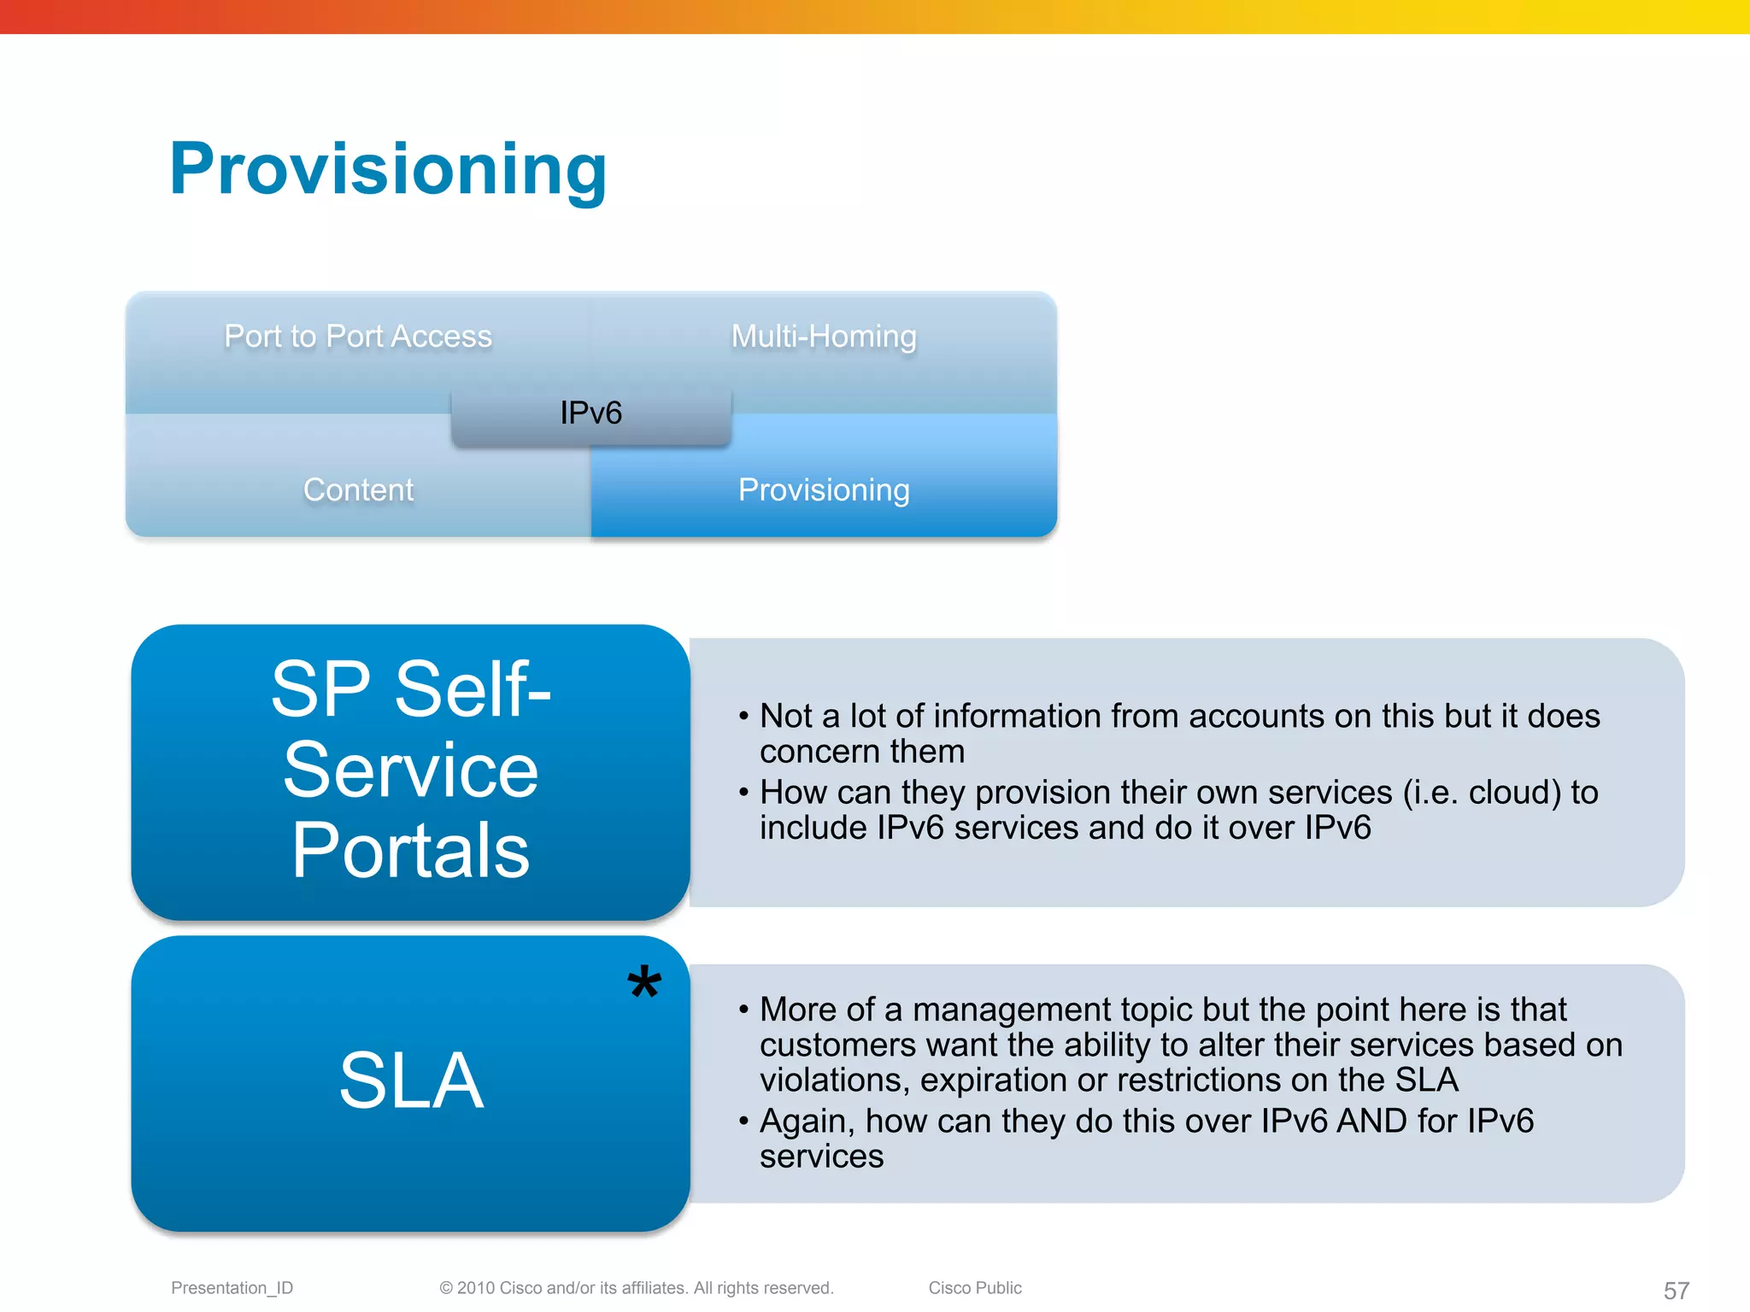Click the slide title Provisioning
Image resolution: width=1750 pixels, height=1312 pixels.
point(388,169)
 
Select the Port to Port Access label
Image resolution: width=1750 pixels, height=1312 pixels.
point(358,336)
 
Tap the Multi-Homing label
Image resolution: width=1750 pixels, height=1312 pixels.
point(824,336)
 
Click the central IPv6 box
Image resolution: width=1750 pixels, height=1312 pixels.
point(590,413)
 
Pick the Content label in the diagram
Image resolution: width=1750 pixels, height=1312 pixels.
point(358,489)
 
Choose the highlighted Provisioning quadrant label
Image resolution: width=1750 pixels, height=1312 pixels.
point(824,489)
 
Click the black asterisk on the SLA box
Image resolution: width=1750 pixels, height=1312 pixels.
point(644,983)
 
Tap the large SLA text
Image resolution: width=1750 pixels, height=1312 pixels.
point(411,1081)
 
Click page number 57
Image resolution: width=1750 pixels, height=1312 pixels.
point(1676,1290)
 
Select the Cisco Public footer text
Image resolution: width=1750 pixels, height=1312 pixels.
point(975,1287)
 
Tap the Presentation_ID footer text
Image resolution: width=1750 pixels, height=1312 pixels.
point(232,1287)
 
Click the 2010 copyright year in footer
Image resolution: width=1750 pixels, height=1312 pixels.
point(476,1287)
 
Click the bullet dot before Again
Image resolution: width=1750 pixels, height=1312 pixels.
point(743,1121)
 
